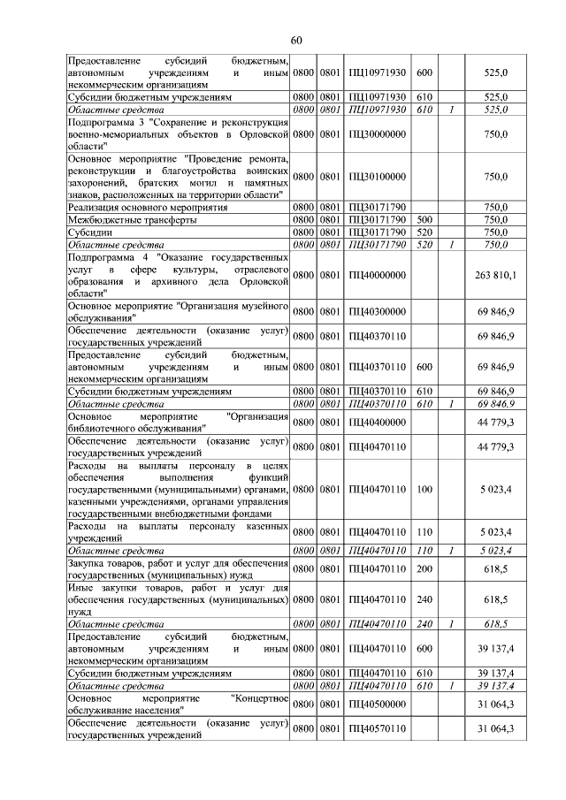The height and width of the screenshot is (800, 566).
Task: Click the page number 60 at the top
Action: point(295,40)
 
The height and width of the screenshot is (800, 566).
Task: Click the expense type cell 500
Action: point(424,219)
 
